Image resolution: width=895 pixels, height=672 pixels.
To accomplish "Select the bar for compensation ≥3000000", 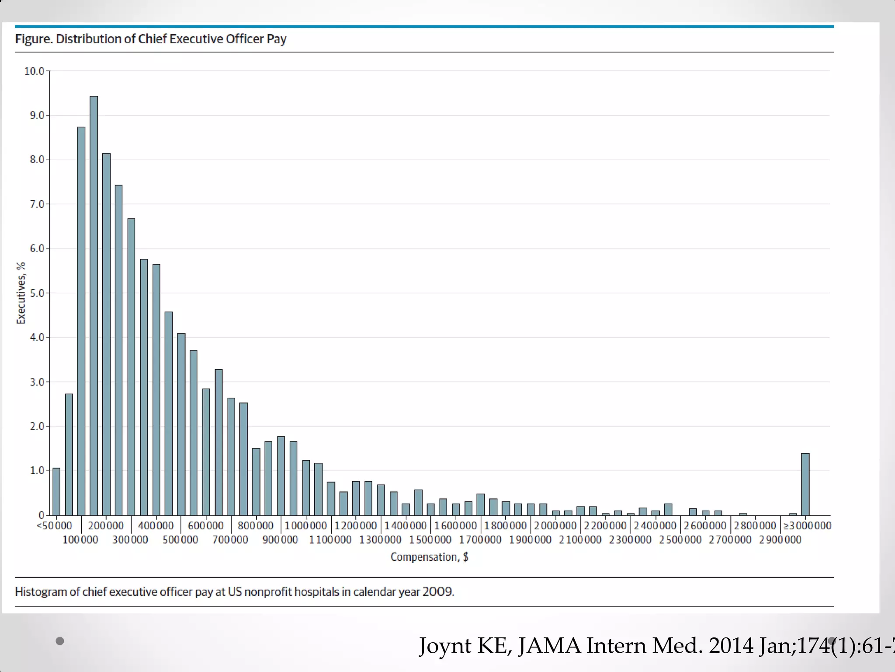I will click(805, 484).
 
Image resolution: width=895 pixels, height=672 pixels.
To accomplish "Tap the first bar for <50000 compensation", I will click(56, 492).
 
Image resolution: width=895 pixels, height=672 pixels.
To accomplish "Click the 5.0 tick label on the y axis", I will click(37, 293).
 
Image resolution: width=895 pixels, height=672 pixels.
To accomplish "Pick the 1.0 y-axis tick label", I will click(37, 471).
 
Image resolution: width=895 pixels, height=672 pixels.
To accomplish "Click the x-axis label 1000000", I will click(306, 525).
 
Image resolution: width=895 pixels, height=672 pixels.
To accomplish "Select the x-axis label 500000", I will click(180, 540).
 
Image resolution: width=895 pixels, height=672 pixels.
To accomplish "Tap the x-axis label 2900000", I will click(780, 540).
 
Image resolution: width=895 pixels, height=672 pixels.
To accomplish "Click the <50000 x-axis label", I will click(54, 525).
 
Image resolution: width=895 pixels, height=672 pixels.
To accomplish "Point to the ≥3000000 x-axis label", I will click(807, 525).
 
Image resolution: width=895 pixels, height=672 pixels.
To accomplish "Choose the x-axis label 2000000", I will click(555, 525).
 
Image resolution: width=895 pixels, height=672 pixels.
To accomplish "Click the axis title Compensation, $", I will click(429, 557).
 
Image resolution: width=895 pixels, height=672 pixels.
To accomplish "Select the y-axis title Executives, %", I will click(21, 293).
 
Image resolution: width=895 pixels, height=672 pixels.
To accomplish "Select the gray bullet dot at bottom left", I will click(60, 641).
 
